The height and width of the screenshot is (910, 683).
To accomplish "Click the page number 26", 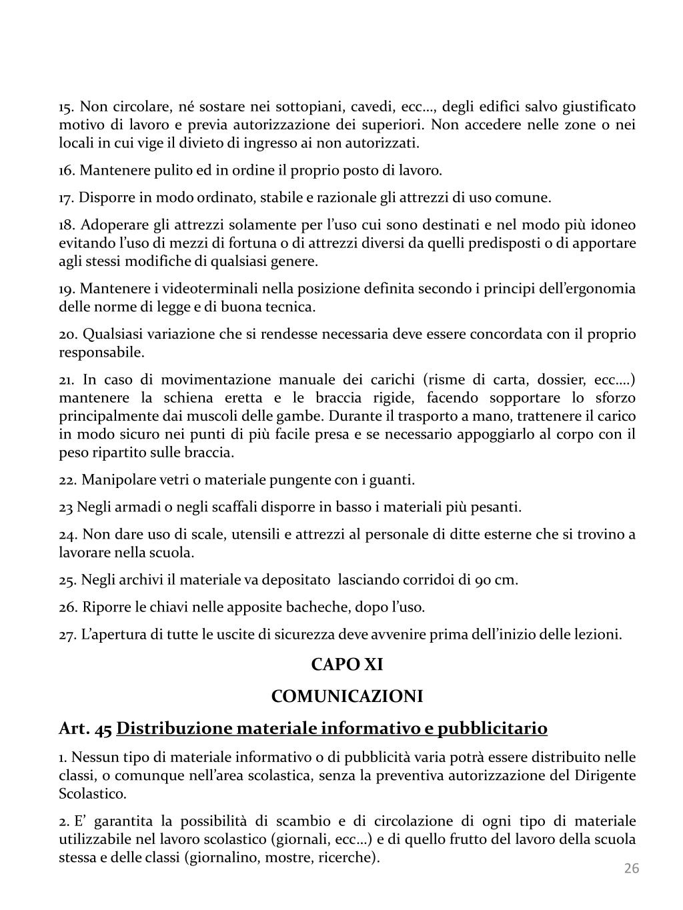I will [x=631, y=868].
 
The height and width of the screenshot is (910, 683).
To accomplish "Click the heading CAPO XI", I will [x=347, y=665].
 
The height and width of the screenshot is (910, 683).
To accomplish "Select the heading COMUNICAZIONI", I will [x=347, y=696].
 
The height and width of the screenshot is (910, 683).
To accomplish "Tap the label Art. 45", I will [x=85, y=728].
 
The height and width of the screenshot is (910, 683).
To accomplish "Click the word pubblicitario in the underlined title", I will [x=490, y=728].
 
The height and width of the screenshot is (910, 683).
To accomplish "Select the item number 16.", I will [x=67, y=171].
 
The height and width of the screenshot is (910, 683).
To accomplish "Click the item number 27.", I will [x=67, y=635].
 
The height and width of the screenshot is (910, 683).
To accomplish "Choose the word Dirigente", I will [x=606, y=775].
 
